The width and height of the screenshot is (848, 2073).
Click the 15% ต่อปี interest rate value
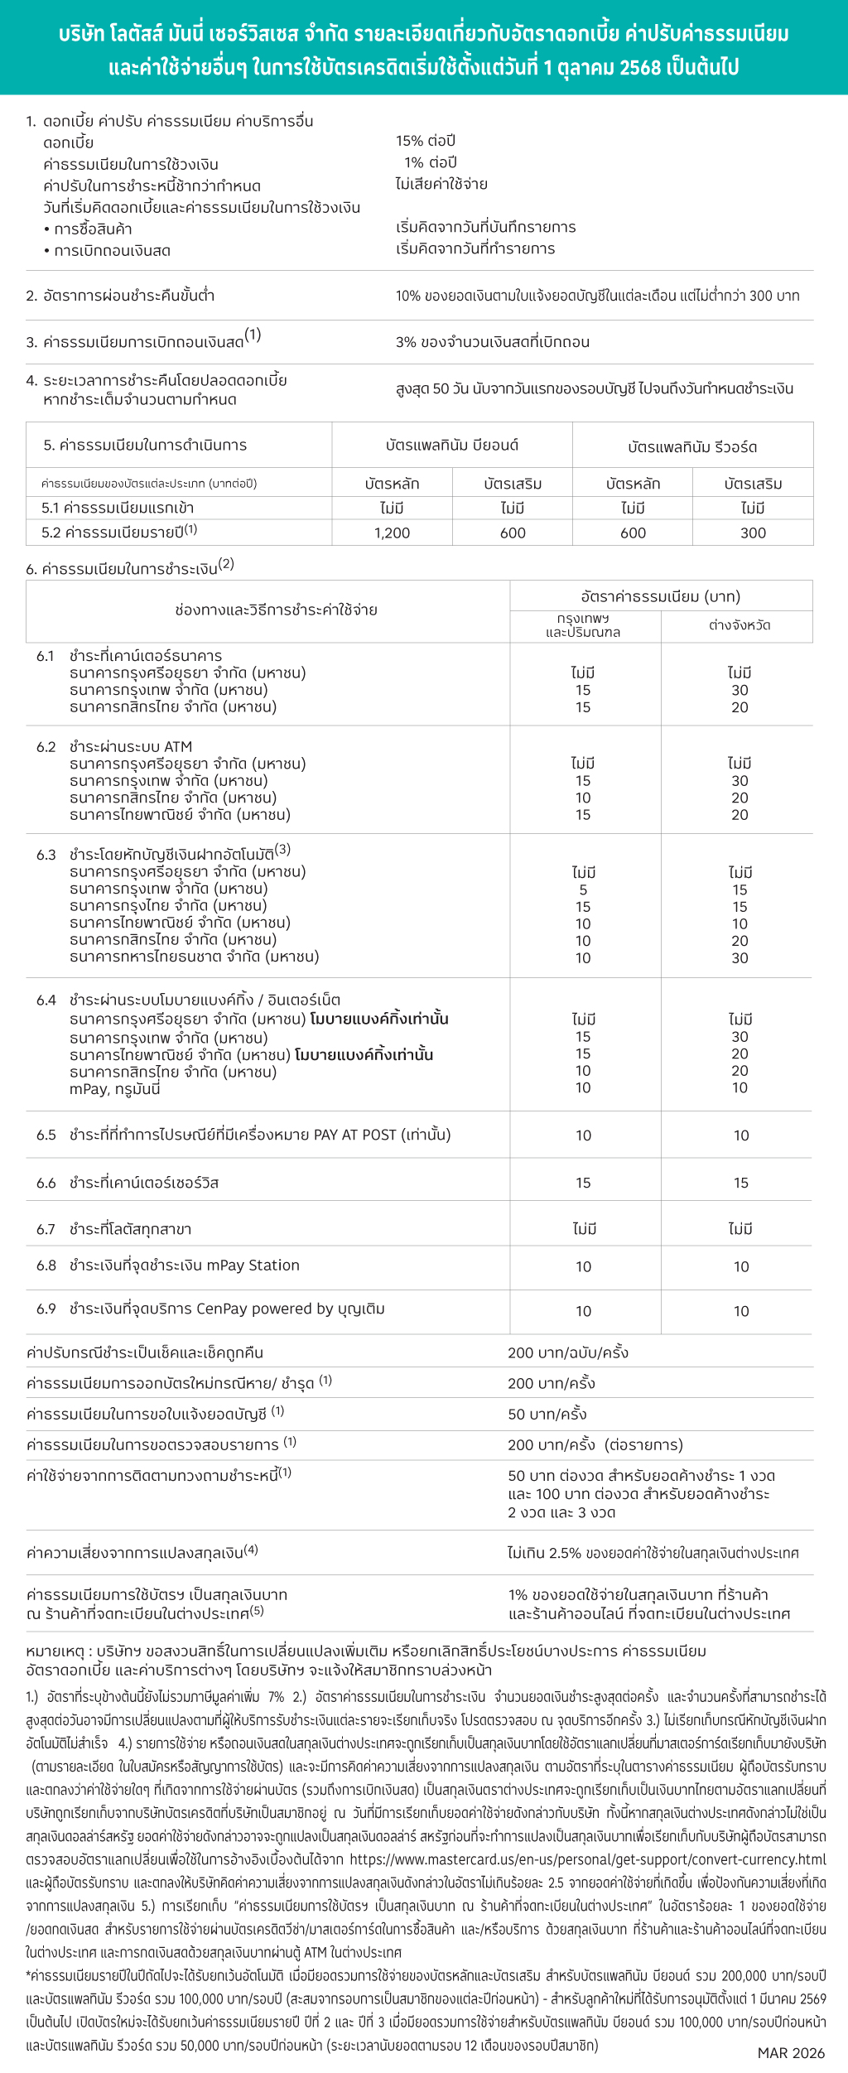(x=426, y=141)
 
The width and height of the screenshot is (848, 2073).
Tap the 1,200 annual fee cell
(x=392, y=533)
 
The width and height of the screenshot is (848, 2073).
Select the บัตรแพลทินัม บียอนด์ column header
(x=451, y=445)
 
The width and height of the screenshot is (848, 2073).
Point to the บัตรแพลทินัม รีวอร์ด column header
(x=692, y=446)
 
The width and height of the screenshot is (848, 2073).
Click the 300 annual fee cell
(x=753, y=533)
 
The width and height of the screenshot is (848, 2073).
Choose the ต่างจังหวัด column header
(x=740, y=625)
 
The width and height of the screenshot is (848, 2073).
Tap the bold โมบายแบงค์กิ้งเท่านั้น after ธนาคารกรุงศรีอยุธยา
(x=379, y=1019)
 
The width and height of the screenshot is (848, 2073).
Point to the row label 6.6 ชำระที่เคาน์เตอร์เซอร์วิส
(x=128, y=1183)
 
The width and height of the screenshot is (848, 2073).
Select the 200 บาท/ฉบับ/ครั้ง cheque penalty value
(x=568, y=1352)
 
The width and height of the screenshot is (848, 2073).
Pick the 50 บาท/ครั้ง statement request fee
(x=547, y=1414)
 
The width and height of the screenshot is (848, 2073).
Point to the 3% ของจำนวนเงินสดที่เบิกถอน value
(x=493, y=342)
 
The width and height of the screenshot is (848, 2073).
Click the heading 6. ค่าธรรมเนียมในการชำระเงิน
(x=129, y=568)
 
